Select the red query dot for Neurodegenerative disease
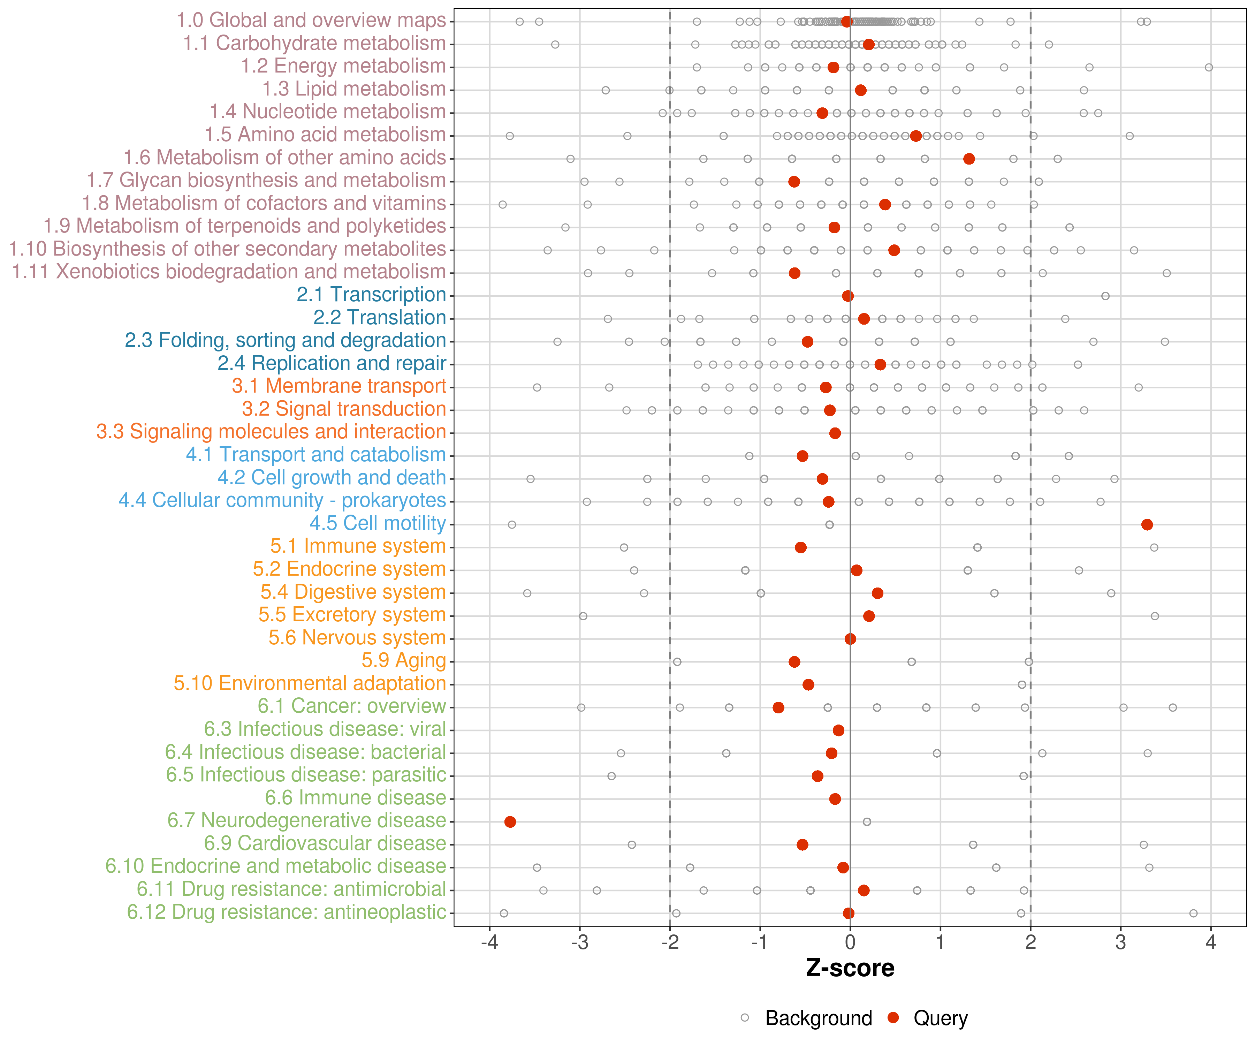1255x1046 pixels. coord(510,822)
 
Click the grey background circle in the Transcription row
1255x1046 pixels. coord(1105,296)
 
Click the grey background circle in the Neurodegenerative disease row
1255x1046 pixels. coord(867,822)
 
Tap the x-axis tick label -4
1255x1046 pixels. coord(489,942)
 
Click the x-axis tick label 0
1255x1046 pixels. coord(850,942)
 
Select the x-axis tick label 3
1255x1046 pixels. coord(1120,942)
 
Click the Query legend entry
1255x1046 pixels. coord(928,1018)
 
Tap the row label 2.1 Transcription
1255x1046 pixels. coord(371,295)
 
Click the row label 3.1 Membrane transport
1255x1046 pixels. coord(339,386)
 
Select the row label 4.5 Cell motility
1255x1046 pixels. coord(378,524)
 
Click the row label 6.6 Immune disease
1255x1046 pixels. coord(356,798)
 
